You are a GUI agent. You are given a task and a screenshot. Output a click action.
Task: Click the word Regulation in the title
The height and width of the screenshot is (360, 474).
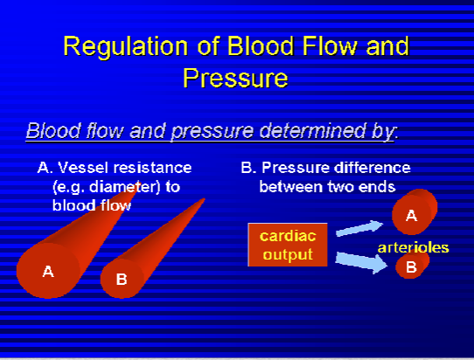tap(126, 46)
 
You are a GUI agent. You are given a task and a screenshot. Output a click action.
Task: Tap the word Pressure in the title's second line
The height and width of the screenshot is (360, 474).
tap(235, 78)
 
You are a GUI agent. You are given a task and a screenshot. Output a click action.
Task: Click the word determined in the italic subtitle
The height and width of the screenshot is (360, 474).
tap(312, 130)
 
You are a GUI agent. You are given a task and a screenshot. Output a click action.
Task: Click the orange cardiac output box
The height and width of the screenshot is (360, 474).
tap(288, 245)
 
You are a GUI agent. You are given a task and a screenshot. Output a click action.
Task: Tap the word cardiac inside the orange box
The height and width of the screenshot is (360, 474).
tap(288, 236)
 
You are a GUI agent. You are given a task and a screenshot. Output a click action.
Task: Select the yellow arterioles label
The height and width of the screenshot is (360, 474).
tap(414, 247)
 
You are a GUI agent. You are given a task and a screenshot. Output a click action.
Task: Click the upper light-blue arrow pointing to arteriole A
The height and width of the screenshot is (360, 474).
tap(359, 228)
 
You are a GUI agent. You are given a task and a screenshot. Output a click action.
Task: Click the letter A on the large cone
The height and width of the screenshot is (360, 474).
tap(48, 272)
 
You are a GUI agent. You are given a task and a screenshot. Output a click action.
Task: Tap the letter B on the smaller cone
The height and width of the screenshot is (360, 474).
tap(122, 280)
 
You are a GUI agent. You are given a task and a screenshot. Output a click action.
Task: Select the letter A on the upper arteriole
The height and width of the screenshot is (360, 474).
tap(411, 216)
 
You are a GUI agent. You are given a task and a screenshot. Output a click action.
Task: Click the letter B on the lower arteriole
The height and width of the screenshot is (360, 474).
tap(411, 267)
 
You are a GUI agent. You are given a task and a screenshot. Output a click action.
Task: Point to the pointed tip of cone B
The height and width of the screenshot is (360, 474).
tap(205, 198)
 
